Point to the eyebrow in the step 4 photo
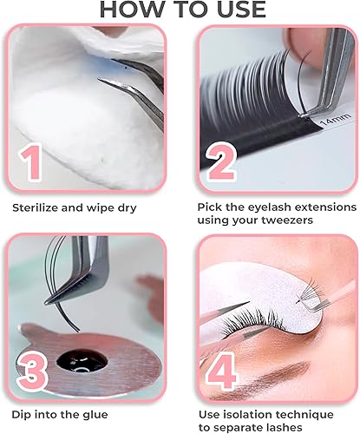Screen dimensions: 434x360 point(308,261)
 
